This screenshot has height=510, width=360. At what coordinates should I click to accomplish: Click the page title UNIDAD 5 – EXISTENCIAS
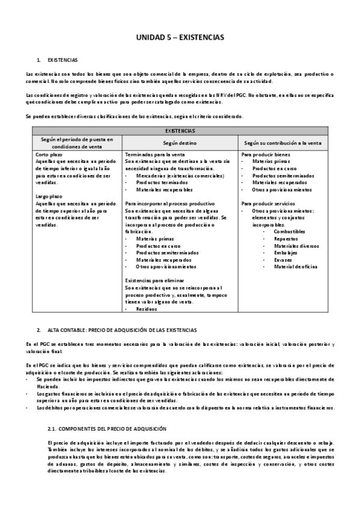(180, 37)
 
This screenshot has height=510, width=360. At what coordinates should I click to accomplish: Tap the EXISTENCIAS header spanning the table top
(180, 131)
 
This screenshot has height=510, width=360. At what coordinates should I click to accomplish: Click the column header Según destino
(180, 143)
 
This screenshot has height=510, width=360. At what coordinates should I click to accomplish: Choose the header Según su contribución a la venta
(283, 143)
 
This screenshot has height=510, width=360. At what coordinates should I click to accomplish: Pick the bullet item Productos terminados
(156, 182)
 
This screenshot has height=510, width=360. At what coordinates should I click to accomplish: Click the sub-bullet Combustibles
(290, 231)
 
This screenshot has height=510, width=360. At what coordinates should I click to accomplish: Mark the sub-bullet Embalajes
(286, 253)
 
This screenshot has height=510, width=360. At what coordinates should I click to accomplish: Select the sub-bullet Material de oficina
(295, 266)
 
